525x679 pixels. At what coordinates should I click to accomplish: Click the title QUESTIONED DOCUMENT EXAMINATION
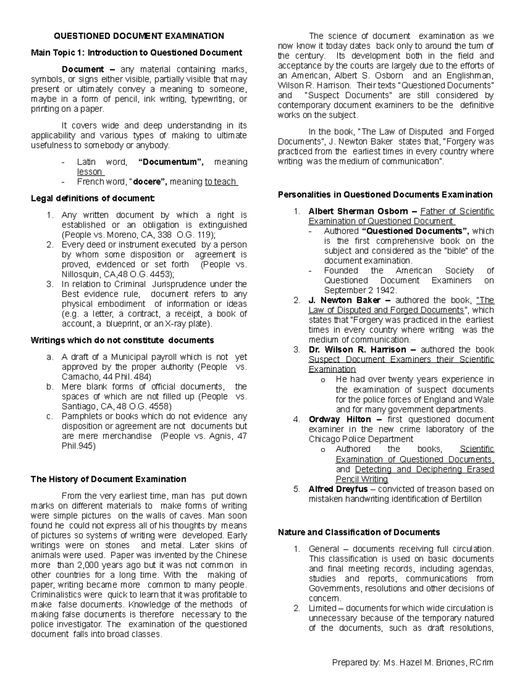(x=138, y=36)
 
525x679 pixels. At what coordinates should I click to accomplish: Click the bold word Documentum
(x=170, y=162)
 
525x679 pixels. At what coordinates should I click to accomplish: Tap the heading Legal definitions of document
(x=92, y=198)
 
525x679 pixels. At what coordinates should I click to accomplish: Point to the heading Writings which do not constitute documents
(x=122, y=340)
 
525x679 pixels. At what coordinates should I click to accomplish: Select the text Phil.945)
(x=78, y=446)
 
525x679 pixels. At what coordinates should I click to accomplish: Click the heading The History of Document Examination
(x=108, y=479)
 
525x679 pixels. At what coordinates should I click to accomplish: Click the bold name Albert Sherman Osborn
(x=358, y=212)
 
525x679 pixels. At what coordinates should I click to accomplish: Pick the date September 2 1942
(x=360, y=290)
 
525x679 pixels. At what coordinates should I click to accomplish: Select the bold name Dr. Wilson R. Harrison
(x=357, y=350)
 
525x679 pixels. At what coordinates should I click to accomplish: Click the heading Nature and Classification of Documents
(x=359, y=532)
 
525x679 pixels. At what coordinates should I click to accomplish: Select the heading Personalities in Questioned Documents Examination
(x=385, y=195)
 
